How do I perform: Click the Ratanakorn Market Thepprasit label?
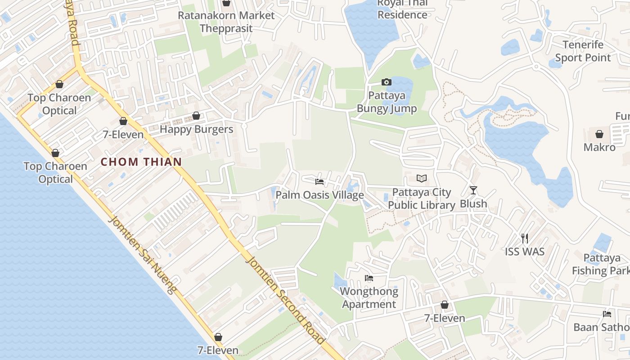[226, 22]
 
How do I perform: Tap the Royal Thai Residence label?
[402, 9]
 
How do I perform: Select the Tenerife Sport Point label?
[583, 51]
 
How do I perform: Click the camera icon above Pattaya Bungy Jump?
[386, 82]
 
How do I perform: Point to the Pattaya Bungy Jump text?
[387, 102]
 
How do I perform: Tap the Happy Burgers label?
[197, 130]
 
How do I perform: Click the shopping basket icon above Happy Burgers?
[196, 116]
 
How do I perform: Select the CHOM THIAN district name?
[141, 162]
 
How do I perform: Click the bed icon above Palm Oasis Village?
[319, 182]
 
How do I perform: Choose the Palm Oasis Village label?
[319, 195]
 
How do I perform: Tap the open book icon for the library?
[421, 179]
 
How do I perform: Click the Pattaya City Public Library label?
[422, 199]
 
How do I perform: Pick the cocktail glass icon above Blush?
[473, 190]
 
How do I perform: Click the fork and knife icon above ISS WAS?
[524, 238]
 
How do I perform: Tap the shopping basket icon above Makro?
[599, 134]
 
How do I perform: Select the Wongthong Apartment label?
[369, 298]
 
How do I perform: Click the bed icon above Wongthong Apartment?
[369, 278]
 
